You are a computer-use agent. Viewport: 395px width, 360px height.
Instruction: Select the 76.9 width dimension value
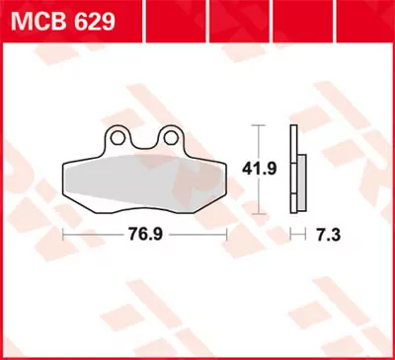coord(145,237)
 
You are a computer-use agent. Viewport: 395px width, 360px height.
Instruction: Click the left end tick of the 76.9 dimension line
coord(63,237)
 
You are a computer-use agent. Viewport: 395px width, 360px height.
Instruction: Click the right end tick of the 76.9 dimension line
coord(228,237)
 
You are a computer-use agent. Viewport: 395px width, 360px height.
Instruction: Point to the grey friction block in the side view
coord(299,182)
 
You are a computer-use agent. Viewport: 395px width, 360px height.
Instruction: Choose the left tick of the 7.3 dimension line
coord(290,237)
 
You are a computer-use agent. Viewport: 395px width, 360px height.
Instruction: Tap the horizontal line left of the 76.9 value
coord(94,237)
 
